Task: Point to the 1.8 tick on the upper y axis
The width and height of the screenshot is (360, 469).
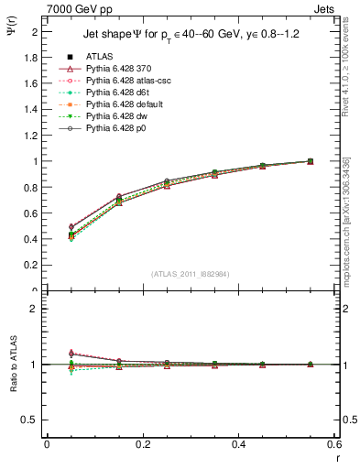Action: click(33, 57)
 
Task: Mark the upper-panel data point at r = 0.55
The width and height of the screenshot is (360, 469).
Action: click(311, 161)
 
